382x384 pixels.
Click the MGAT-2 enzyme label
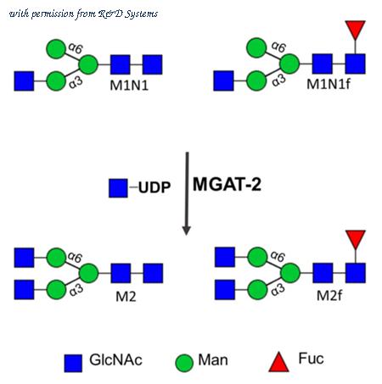(227, 184)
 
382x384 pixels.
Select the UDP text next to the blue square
(154, 187)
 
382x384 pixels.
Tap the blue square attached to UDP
(118, 188)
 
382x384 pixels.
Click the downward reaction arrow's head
(186, 230)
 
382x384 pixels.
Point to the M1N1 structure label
(129, 85)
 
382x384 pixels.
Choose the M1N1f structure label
(329, 84)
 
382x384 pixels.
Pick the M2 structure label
(126, 297)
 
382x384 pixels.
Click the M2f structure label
(329, 296)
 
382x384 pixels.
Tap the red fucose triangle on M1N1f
(356, 30)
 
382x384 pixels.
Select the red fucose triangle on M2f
(356, 239)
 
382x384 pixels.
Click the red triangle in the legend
(278, 362)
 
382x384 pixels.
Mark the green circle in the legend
(184, 363)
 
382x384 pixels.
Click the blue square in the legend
(73, 364)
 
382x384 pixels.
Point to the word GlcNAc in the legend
(115, 360)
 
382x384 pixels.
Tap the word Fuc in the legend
(311, 359)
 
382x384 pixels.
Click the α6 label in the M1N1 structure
(76, 47)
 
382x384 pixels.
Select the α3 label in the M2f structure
(278, 290)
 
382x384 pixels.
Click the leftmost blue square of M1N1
(24, 81)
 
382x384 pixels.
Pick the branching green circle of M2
(89, 273)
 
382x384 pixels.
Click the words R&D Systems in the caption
(128, 14)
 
